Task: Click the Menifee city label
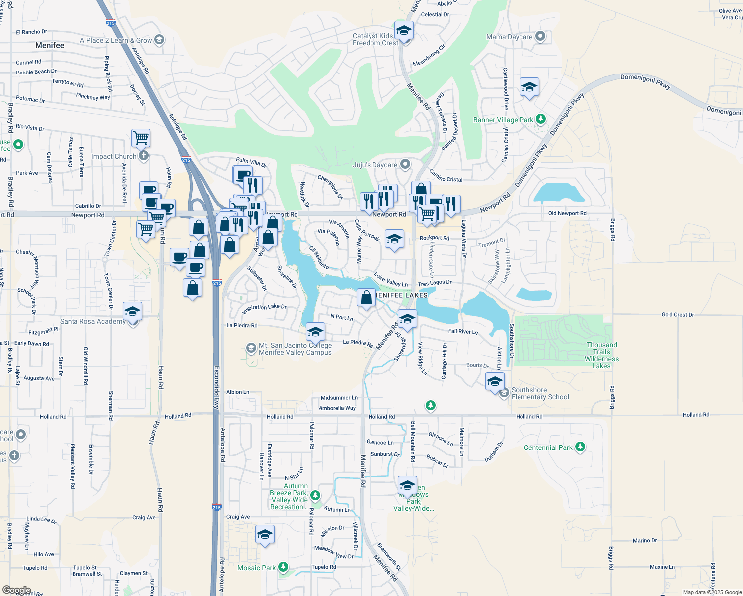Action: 50,45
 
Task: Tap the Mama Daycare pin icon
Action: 541,36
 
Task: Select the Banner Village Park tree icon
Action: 541,119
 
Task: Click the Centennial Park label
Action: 548,447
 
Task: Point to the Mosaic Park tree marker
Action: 283,567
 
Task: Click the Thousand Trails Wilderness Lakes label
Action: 601,355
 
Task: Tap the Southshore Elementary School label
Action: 540,393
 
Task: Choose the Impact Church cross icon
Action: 144,156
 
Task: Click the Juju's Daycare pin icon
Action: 405,164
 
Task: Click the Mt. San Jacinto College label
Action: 295,349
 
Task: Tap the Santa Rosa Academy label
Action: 92,321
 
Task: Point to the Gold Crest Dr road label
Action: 677,315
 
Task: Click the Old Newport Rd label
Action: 567,213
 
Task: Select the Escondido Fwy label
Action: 216,388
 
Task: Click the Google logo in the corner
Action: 16,590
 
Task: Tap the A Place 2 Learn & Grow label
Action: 116,40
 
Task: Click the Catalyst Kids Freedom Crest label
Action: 375,39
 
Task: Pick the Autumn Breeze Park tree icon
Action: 315,496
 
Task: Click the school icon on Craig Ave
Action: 265,535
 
